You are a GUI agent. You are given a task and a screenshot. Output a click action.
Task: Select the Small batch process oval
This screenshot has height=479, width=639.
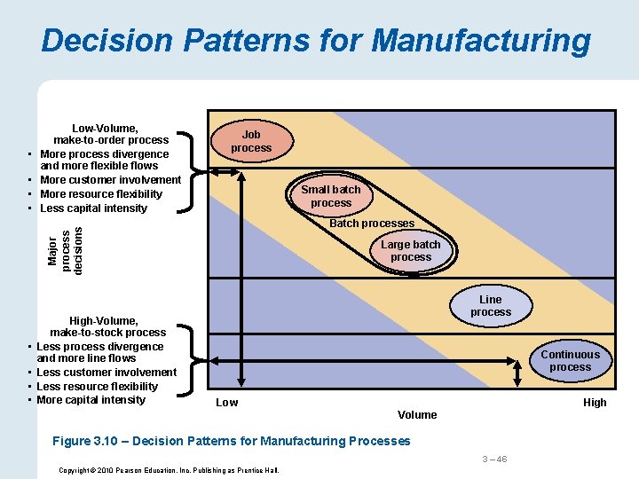coord(331,196)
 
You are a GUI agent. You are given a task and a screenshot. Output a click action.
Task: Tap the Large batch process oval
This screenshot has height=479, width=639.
coord(411,251)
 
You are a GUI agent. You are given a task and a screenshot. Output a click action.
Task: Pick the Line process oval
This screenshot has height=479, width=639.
coord(491,306)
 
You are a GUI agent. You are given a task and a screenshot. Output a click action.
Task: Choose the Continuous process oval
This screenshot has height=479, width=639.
coord(570,360)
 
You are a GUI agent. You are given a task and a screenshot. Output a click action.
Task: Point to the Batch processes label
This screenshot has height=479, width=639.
coord(372,224)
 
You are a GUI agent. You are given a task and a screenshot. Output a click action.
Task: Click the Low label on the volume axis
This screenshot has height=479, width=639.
coord(227,403)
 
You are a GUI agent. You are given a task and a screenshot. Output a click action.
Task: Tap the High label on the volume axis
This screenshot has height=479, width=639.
coord(595,403)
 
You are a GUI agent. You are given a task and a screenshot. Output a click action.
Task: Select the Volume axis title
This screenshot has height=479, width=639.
coord(417,415)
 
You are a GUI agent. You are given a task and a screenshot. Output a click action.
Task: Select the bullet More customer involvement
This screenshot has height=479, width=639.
coord(110,180)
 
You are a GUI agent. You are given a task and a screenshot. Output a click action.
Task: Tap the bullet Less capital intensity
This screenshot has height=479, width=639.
coord(94,208)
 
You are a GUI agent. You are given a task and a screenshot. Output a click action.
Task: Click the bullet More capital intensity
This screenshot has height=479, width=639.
coord(91,400)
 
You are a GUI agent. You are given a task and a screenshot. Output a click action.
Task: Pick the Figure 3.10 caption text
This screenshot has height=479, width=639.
coord(232,441)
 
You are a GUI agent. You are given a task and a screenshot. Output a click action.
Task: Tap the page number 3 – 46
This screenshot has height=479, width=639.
coord(494,459)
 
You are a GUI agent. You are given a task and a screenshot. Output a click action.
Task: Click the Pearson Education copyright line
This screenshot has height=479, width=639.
coord(169,470)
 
